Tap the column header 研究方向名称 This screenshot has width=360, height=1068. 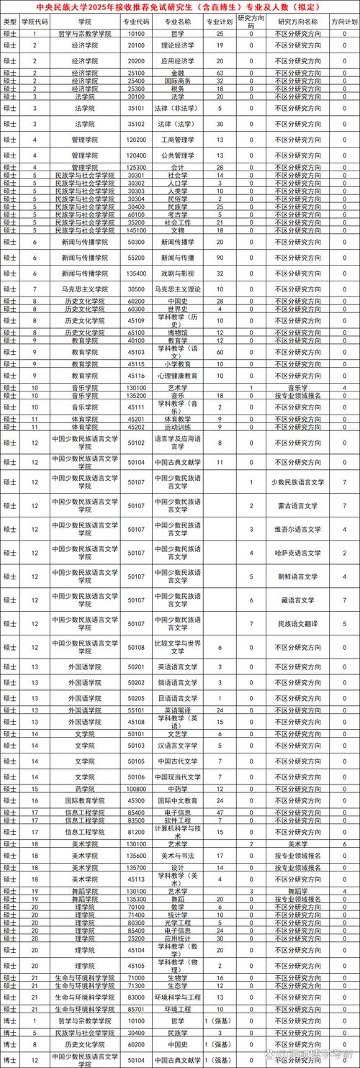(x=297, y=22)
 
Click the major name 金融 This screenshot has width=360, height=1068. (x=178, y=73)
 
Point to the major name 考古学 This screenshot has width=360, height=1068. (x=178, y=214)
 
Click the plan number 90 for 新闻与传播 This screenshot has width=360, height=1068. (x=220, y=257)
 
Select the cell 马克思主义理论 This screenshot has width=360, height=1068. (x=178, y=289)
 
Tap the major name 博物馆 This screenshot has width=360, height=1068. (x=178, y=332)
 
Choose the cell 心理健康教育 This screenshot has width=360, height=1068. (x=178, y=376)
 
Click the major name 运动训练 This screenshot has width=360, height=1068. (x=178, y=427)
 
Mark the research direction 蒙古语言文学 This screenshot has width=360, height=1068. (x=297, y=506)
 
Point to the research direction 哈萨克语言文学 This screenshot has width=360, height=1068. (x=297, y=553)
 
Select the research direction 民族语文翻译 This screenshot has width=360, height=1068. (x=297, y=623)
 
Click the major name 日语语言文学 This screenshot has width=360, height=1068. (x=178, y=697)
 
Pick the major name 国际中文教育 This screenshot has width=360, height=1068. (x=178, y=800)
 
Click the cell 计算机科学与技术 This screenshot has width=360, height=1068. (x=178, y=831)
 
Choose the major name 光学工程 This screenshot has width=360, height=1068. (x=178, y=922)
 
